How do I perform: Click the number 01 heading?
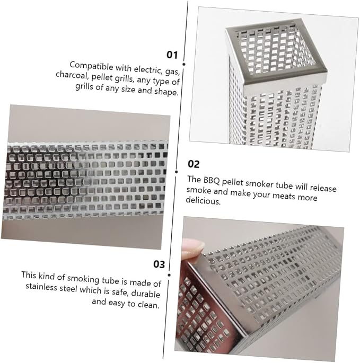click(172, 55)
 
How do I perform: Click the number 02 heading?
click(194, 164)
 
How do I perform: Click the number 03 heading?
click(159, 264)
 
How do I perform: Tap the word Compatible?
click(91, 66)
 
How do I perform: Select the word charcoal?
click(72, 75)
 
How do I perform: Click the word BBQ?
click(212, 180)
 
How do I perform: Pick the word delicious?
click(203, 200)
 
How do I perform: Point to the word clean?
click(148, 304)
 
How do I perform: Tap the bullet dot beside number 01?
click(184, 64)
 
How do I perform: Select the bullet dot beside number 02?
click(177, 172)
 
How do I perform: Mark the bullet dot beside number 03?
click(169, 275)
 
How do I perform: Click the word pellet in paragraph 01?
click(102, 77)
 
